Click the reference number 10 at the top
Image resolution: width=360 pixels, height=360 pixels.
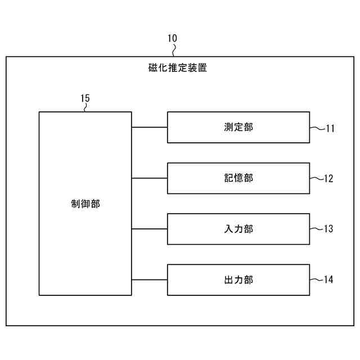[172, 38]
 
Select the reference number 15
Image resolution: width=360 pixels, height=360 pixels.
[85, 98]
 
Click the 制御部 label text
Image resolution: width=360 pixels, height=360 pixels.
[85, 204]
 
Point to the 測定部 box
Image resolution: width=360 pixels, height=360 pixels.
[238, 127]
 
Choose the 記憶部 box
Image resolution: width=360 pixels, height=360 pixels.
[238, 178]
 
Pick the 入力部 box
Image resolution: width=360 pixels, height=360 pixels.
[238, 229]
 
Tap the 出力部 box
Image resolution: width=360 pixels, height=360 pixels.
[238, 280]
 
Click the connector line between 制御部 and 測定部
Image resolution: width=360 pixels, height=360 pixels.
[149, 127]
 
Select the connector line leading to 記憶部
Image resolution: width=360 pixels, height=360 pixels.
[149, 178]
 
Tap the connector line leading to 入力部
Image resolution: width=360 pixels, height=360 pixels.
[149, 229]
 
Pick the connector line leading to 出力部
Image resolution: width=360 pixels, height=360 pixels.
[149, 280]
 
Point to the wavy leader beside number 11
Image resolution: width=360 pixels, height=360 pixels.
[317, 128]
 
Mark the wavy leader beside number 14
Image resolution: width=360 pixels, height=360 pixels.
[317, 279]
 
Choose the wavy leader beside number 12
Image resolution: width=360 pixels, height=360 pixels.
[317, 178]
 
